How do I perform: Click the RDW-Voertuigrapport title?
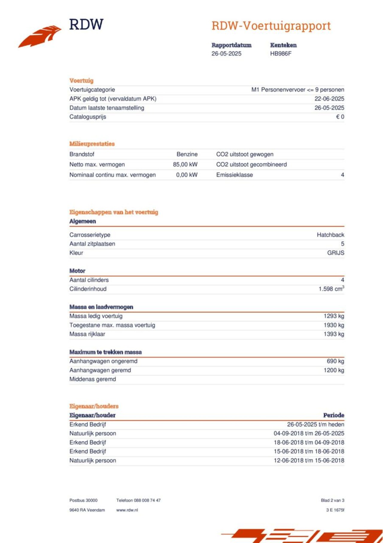(271, 26)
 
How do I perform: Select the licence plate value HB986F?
(281, 54)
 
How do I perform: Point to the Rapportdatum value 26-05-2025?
(226, 54)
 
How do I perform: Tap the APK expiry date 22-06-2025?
(329, 99)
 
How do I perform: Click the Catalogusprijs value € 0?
(340, 117)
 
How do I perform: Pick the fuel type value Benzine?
(187, 154)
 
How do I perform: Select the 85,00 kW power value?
(185, 165)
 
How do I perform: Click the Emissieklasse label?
(235, 175)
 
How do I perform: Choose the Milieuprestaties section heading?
(92, 144)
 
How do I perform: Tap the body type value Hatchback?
(330, 235)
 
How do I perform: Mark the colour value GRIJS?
(335, 253)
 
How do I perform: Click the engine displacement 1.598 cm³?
(331, 289)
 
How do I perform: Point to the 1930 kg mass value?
(334, 325)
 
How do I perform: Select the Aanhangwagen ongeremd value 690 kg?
(335, 361)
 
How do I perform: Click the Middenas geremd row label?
(92, 379)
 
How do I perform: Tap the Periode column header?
(334, 415)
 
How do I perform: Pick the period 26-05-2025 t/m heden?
(315, 424)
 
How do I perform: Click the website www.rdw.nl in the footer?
(127, 510)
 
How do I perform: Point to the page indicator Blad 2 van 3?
(332, 500)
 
